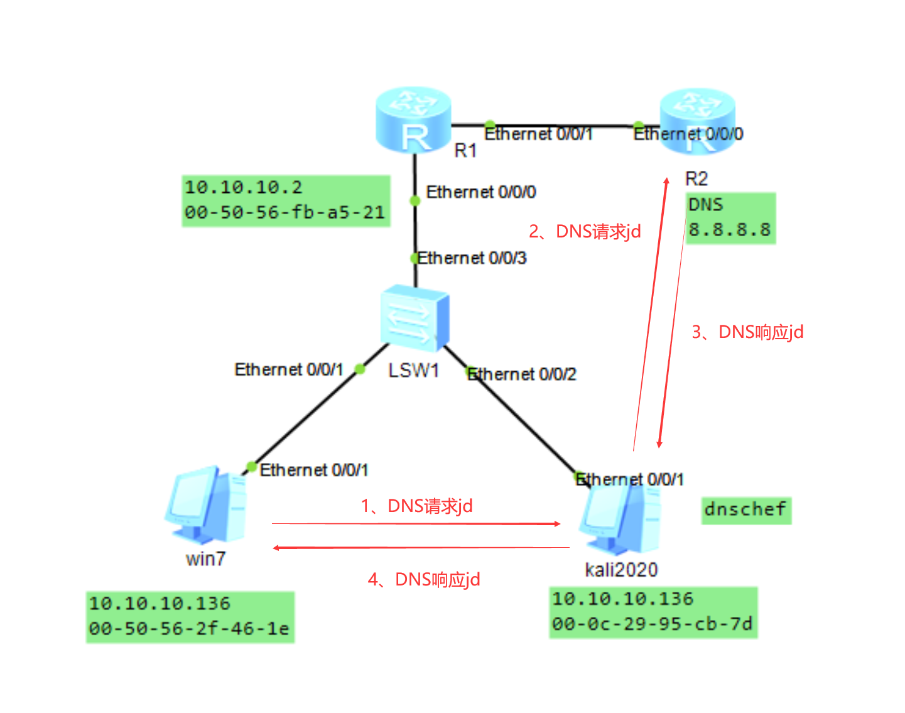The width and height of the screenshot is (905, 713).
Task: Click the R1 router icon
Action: pyautogui.click(x=413, y=120)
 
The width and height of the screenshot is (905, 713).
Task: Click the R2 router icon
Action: pyautogui.click(x=696, y=120)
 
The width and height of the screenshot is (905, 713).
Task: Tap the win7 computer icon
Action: pyautogui.click(x=206, y=506)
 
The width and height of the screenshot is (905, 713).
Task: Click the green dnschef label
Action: pyautogui.click(x=745, y=509)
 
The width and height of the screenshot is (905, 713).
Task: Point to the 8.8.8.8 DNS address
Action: pyautogui.click(x=730, y=230)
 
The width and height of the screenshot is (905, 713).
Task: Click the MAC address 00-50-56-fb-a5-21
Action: pyautogui.click(x=285, y=213)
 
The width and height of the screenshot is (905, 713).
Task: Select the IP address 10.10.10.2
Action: pyautogui.click(x=244, y=187)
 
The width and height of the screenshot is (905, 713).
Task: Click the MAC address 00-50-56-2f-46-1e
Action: pyautogui.click(x=189, y=629)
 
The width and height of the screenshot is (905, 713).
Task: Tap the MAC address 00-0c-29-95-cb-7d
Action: pyautogui.click(x=653, y=624)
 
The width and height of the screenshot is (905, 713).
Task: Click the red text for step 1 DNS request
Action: pyautogui.click(x=417, y=506)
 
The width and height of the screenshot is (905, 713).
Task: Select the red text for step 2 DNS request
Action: pyautogui.click(x=585, y=232)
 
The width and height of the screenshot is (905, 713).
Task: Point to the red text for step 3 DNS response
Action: pyautogui.click(x=747, y=332)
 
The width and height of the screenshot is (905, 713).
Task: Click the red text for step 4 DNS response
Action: pyautogui.click(x=424, y=579)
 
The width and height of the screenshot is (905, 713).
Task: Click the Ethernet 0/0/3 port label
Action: pyautogui.click(x=472, y=258)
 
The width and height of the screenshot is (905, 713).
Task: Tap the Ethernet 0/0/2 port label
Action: pyautogui.click(x=522, y=374)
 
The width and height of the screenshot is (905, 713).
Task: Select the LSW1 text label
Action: pyautogui.click(x=413, y=371)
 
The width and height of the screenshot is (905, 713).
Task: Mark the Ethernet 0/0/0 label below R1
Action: pyautogui.click(x=480, y=192)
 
